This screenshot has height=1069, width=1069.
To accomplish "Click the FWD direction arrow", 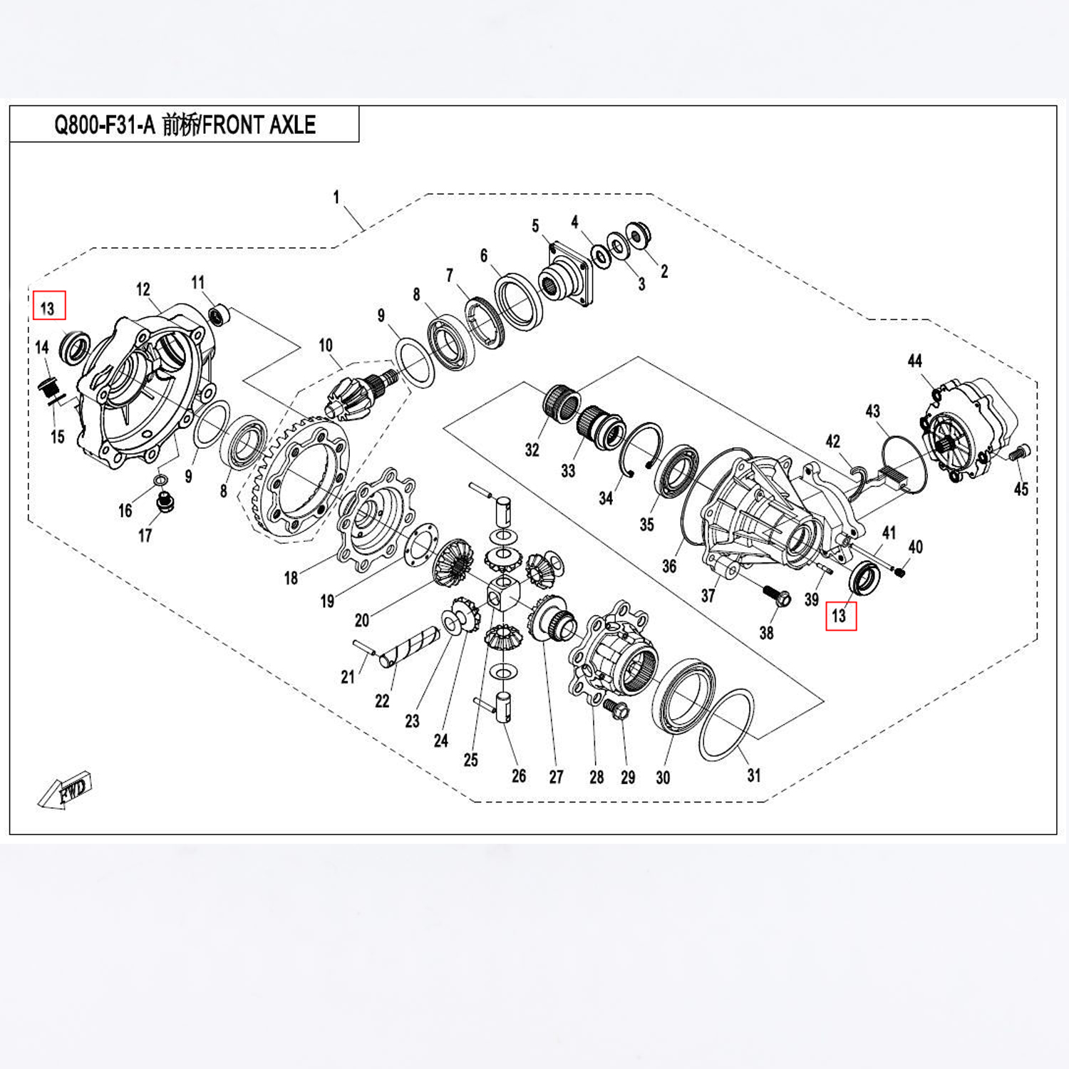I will click(x=66, y=790).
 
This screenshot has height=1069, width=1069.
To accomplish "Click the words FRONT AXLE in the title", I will click(x=259, y=125).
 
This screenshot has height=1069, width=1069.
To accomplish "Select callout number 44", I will click(x=914, y=361).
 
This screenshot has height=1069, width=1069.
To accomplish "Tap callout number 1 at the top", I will click(x=336, y=197).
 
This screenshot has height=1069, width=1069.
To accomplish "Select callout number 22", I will click(x=382, y=701).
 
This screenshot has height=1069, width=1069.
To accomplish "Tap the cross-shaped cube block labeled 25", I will click(x=505, y=591).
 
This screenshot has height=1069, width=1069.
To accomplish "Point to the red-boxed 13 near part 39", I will click(x=841, y=616).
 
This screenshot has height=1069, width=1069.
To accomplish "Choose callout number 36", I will click(x=668, y=566).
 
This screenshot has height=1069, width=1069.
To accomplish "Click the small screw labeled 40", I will click(x=901, y=571).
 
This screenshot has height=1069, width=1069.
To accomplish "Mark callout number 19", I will click(x=326, y=601).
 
